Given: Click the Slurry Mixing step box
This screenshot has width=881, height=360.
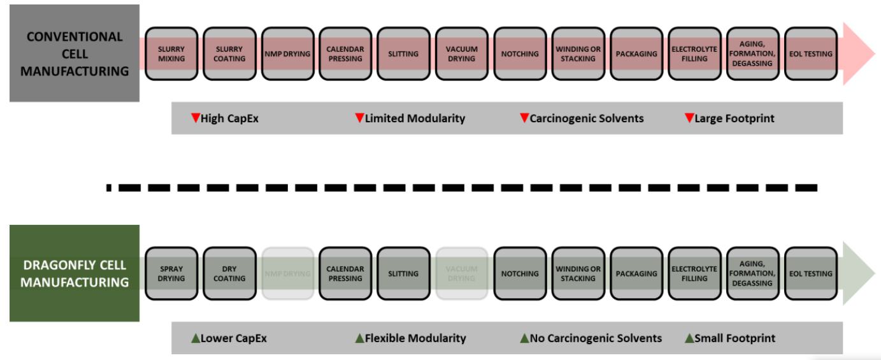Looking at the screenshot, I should click(x=171, y=54).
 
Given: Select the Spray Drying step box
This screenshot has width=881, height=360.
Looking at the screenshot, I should click(x=171, y=273).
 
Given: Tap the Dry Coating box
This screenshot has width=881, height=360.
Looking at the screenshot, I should click(x=229, y=273).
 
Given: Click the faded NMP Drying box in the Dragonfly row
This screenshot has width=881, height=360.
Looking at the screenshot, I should click(x=287, y=273).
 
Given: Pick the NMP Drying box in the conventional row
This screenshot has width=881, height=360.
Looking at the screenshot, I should click(x=287, y=54).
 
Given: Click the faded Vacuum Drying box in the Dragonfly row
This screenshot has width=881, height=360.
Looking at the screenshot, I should click(x=462, y=273).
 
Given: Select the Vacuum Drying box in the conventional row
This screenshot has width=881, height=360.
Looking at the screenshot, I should click(x=462, y=54).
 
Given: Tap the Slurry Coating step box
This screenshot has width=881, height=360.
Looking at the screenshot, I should click(x=229, y=54).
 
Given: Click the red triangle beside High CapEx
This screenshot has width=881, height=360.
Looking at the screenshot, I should click(x=196, y=118).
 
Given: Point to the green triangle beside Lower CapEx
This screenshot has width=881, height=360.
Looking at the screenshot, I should click(x=196, y=338).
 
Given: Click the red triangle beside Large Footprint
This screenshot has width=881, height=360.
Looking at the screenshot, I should click(x=689, y=118).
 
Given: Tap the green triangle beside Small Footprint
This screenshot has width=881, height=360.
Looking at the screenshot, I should click(x=689, y=338).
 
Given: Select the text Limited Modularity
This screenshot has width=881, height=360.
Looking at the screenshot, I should click(x=415, y=118).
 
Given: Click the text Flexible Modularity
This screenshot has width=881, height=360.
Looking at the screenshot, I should click(x=415, y=338).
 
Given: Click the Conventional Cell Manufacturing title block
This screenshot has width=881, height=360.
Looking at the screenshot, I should click(x=75, y=54).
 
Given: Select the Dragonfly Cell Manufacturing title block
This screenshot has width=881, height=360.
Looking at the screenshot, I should click(x=75, y=273).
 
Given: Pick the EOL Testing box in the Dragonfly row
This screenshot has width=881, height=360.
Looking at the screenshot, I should click(x=810, y=273).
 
